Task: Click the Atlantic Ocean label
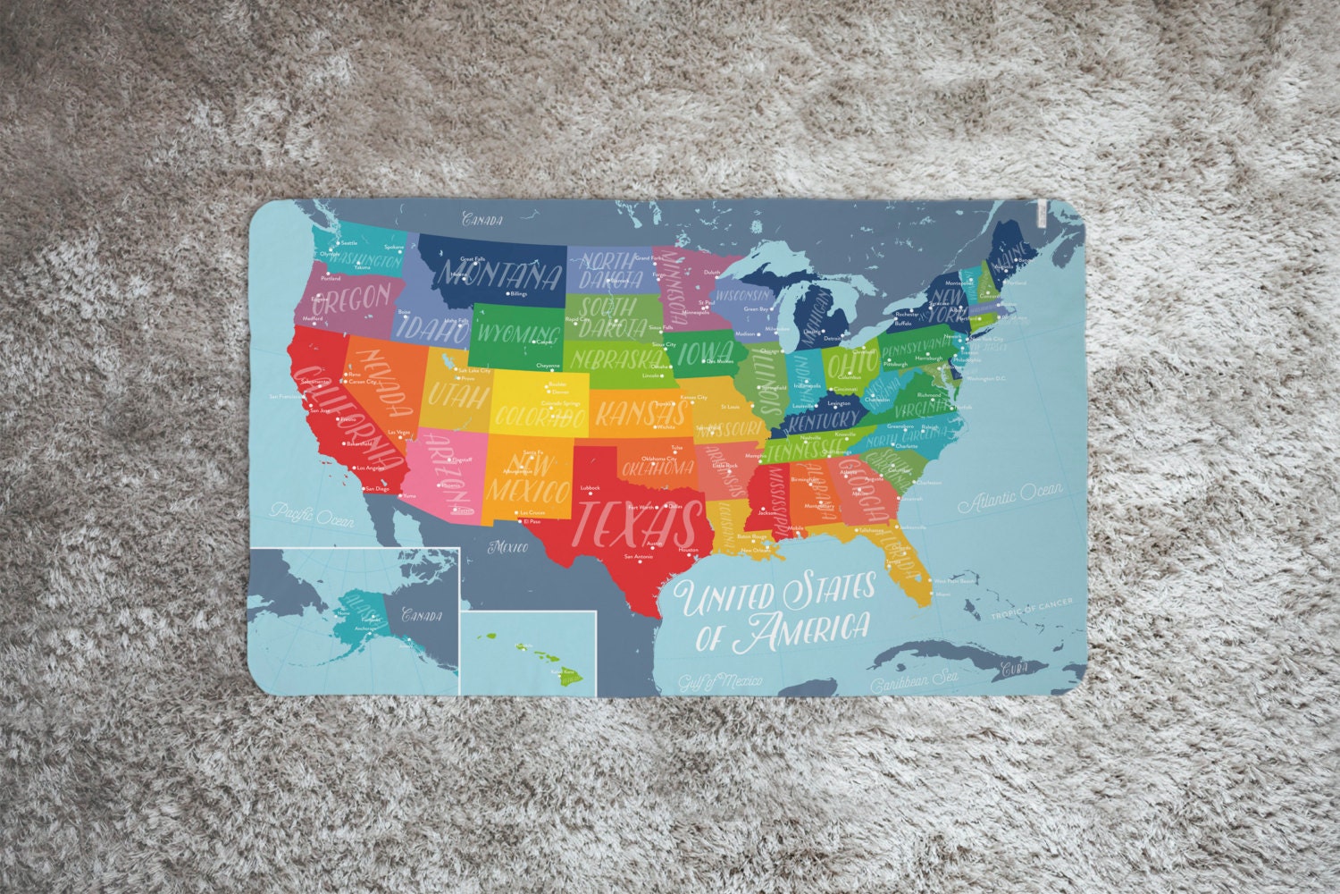[1010, 498]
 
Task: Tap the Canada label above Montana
[482, 219]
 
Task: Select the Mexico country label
[507, 544]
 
